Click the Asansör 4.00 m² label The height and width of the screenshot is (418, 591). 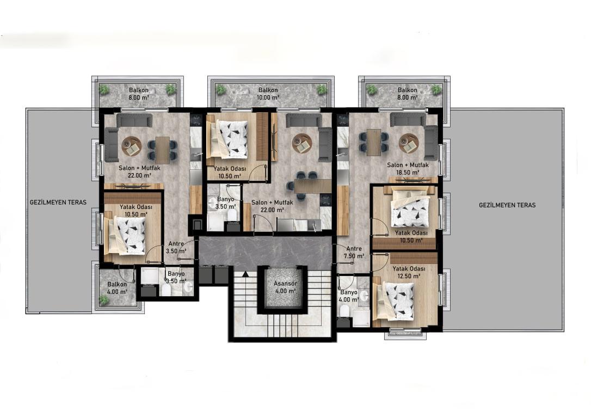(x=285, y=287)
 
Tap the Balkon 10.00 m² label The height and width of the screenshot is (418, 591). (x=268, y=94)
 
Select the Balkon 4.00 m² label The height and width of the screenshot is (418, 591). (x=117, y=287)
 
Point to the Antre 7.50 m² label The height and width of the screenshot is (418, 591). (x=354, y=252)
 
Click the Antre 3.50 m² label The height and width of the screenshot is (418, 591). (x=176, y=247)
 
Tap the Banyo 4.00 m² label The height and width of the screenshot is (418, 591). (x=349, y=296)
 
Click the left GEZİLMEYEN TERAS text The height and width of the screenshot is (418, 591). (x=58, y=202)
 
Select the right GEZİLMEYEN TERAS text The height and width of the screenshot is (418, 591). (x=507, y=205)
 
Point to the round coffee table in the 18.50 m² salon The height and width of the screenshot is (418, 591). (x=409, y=144)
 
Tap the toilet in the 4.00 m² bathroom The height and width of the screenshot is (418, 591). (x=344, y=311)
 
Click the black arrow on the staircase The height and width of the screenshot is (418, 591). (x=245, y=274)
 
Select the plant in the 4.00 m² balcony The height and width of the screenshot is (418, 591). (x=103, y=300)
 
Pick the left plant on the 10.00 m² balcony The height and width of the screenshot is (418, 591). (x=220, y=90)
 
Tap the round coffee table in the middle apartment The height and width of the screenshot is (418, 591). (x=302, y=144)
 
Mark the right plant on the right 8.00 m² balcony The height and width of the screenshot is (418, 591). (x=436, y=89)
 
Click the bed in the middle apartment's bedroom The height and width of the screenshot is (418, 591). (x=227, y=139)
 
